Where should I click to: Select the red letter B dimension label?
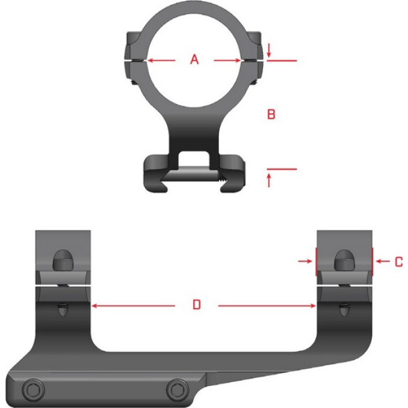(x=271, y=114)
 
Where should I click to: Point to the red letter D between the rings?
(x=196, y=306)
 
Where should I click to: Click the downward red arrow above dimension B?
(x=269, y=53)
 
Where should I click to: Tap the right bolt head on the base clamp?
(x=176, y=389)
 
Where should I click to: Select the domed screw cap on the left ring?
(x=62, y=260)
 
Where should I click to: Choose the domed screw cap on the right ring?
(x=344, y=260)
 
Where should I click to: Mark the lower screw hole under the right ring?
(x=344, y=309)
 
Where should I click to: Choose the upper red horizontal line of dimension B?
(x=282, y=61)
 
